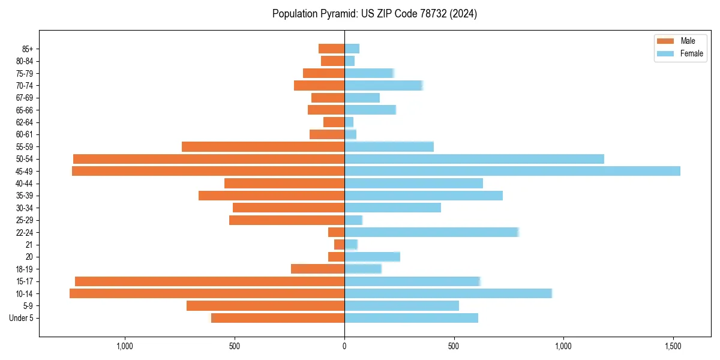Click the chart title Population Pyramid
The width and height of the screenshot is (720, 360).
coord(374,14)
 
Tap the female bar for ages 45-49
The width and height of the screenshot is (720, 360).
coord(512,171)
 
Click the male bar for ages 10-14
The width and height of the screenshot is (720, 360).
coord(207,293)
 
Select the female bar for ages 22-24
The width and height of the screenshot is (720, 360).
coord(431,232)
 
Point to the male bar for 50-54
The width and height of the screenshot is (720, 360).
coord(209,159)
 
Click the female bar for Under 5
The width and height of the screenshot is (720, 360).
coord(411,318)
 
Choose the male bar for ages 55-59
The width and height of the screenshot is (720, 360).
coord(263,146)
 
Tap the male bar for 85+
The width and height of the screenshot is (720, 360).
coord(331,49)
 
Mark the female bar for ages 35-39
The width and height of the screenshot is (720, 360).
coord(423,196)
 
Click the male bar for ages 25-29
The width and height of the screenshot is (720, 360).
coord(287,220)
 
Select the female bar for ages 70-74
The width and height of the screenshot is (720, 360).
coord(383,85)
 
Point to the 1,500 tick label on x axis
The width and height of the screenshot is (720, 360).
coord(673,346)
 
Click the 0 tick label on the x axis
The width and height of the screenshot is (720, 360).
coord(344,346)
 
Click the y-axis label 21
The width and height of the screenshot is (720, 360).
coord(29,245)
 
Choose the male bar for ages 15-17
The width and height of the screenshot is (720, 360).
coord(209,281)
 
